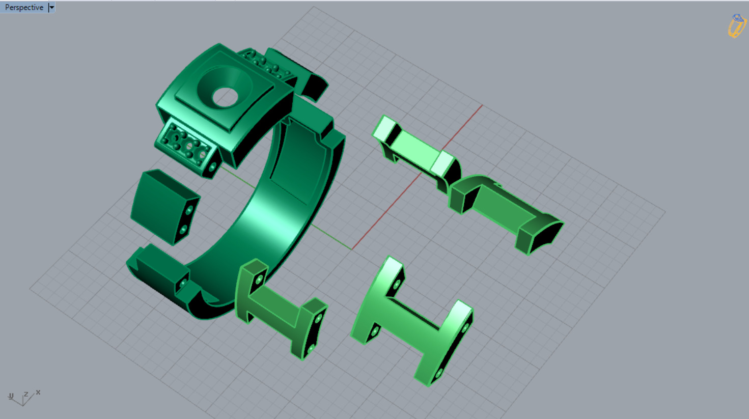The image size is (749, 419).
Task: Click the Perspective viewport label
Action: pyautogui.click(x=24, y=7)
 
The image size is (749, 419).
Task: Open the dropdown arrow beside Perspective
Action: pyautogui.click(x=51, y=7)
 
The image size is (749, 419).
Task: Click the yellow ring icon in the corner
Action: pyautogui.click(x=736, y=25)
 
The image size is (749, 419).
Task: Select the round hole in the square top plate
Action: pyautogui.click(x=225, y=97)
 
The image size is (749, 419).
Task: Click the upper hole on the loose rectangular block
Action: pyautogui.click(x=189, y=210)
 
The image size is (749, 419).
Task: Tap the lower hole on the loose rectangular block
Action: pyautogui.click(x=183, y=230)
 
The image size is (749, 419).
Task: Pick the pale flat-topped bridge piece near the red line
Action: pyautogui.click(x=415, y=148)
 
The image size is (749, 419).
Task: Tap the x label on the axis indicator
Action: pyautogui.click(x=38, y=393)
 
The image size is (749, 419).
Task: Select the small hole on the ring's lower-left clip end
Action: pyautogui.click(x=182, y=283)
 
